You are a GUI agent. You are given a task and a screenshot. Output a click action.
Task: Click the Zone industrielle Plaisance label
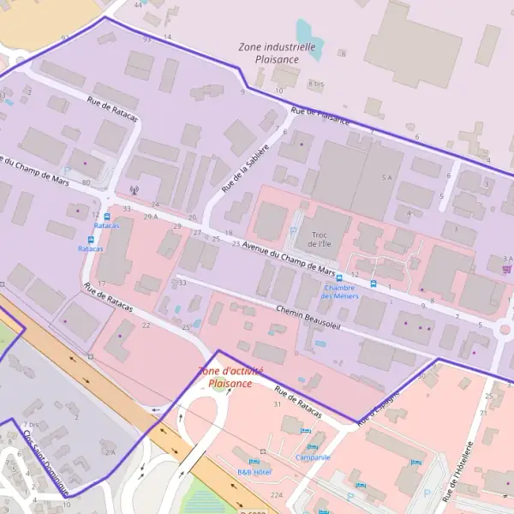(278, 53)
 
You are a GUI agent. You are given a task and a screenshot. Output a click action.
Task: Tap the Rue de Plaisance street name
(320, 116)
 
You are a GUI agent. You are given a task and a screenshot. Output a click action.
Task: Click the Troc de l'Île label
(320, 239)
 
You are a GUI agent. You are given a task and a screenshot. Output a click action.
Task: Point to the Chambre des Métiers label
(340, 291)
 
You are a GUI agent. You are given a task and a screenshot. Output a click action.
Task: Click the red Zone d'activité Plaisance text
(230, 377)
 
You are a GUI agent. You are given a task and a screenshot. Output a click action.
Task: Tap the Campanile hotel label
(313, 457)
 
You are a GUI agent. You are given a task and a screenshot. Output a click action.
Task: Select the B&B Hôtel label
(254, 472)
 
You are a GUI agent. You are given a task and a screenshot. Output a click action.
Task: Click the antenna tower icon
(132, 190)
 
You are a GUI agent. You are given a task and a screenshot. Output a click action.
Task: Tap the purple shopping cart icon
(506, 268)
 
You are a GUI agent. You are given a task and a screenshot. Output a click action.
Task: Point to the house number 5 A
(386, 176)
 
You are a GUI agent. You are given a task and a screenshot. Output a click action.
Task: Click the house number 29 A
(151, 216)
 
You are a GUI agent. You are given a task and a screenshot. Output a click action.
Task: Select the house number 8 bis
(316, 84)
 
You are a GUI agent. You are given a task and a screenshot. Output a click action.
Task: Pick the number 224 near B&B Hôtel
(276, 494)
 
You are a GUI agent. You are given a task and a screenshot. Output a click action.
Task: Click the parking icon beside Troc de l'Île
(293, 230)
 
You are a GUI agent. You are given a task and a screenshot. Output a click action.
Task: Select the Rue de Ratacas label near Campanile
(298, 406)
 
